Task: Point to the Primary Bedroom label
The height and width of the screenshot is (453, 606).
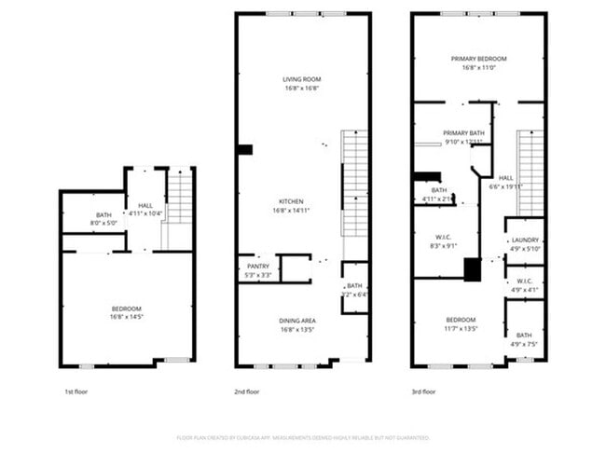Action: coord(478,59)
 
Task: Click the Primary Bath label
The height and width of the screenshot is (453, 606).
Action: coord(463,133)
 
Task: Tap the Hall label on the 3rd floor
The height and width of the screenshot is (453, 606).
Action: coord(505,177)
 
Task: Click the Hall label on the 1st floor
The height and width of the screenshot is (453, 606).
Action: coord(145,205)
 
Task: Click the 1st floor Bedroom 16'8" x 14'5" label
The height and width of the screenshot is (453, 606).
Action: coord(128,309)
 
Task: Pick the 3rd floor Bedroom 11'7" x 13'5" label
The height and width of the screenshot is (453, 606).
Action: coord(460,320)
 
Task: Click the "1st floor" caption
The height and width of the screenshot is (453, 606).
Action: coord(76,391)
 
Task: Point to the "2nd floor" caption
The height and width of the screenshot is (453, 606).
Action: coord(248,391)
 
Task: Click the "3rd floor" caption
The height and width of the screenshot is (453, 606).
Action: coord(423,391)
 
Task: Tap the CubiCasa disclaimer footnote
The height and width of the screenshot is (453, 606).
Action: coord(303,436)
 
